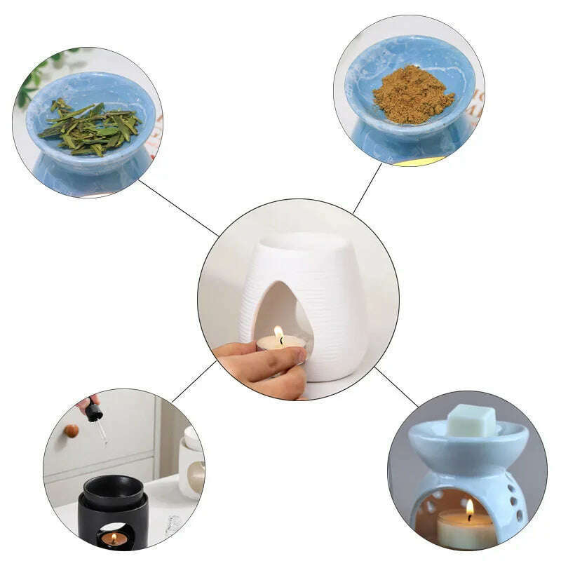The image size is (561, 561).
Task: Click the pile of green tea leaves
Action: coord(90,126)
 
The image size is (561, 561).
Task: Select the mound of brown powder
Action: coord(412,95)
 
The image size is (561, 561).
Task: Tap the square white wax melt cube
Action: coord(471,420)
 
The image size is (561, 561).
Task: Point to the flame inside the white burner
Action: coord(279,334)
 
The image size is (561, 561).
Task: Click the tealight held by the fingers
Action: coord(280,344)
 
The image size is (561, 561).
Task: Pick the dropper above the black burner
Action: coord(95,414)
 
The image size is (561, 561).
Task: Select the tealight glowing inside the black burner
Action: coord(114,539)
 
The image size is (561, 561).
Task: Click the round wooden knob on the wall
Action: coord(72,430)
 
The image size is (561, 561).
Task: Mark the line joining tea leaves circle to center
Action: coord(179,208)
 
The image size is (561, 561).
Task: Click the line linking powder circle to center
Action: coord(367,188)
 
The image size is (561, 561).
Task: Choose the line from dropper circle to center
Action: coord(194,381)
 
